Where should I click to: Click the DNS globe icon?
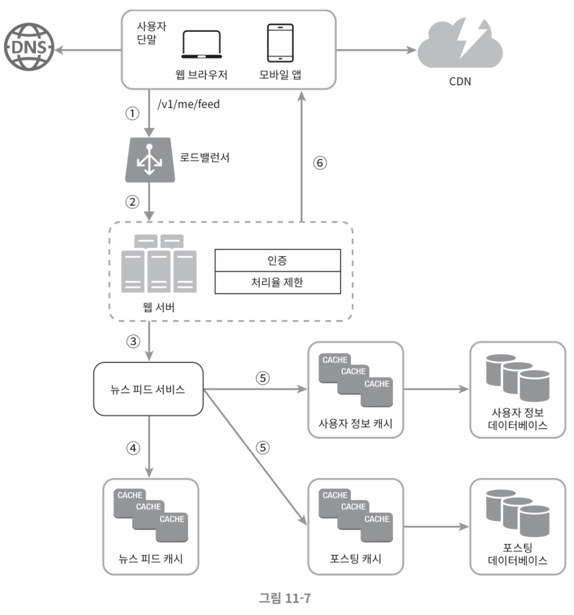(29, 47)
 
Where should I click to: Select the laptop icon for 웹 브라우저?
(201, 44)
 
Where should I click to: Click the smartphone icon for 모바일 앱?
(280, 43)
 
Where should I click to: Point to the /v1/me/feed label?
(188, 104)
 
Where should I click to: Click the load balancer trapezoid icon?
(150, 160)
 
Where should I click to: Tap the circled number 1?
(132, 113)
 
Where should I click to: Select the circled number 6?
(320, 163)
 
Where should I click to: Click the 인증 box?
(278, 260)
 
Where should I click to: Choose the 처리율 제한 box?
(278, 282)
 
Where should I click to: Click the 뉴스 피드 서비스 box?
(148, 389)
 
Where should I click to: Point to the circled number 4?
(133, 448)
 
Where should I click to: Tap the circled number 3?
(133, 341)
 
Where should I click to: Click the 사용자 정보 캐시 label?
(355, 423)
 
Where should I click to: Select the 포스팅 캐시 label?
(355, 559)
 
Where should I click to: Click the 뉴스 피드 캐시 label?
(150, 559)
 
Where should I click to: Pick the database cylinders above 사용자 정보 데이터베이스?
(518, 378)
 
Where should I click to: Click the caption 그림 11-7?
(285, 598)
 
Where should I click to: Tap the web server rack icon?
(159, 263)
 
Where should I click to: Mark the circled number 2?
(132, 202)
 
